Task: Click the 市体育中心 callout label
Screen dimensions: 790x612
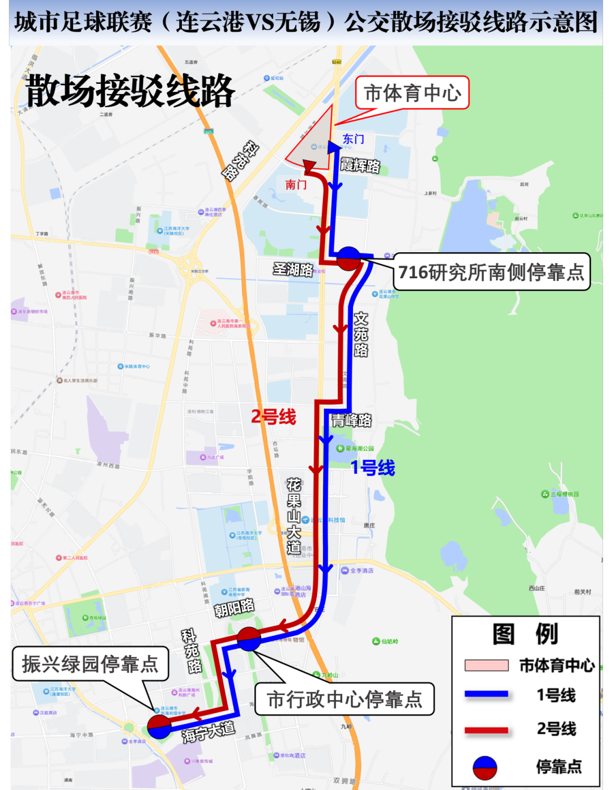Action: (413, 93)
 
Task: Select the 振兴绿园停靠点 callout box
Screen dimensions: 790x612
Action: (90, 664)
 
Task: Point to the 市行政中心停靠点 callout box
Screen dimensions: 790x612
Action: (345, 699)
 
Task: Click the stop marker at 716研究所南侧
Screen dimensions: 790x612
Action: (348, 258)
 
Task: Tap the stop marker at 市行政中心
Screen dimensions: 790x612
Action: (249, 639)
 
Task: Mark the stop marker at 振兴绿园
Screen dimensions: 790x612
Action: (159, 727)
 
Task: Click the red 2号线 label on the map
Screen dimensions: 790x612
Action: (274, 417)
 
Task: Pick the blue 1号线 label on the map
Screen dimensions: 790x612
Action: (372, 468)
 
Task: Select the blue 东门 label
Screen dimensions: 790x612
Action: (353, 139)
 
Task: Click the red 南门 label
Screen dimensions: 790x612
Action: (296, 184)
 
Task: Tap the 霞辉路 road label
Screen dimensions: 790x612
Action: (360, 165)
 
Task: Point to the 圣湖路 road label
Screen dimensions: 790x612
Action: (292, 269)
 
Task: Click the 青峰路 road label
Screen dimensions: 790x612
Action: (351, 420)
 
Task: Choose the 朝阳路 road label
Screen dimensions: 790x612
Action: (234, 608)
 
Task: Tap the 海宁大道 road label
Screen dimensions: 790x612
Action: (208, 732)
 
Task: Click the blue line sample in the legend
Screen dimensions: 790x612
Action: (486, 694)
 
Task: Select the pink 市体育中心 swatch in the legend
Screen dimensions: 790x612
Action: (486, 665)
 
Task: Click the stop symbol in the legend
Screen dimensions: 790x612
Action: (484, 767)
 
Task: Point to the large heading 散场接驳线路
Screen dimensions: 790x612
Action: (130, 91)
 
